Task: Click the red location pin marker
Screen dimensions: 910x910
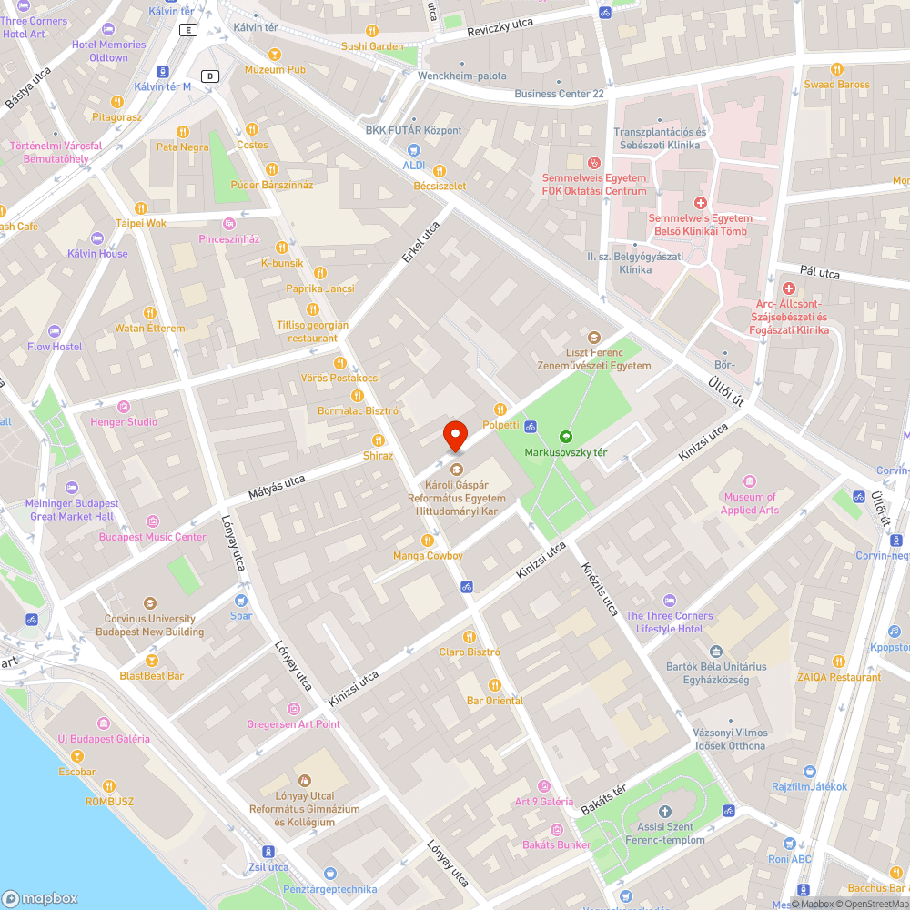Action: pyautogui.click(x=455, y=434)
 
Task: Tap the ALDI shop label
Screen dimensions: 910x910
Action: pyautogui.click(x=414, y=165)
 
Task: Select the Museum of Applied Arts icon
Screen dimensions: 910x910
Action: pyautogui.click(x=750, y=480)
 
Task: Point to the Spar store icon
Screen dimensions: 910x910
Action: pyautogui.click(x=240, y=601)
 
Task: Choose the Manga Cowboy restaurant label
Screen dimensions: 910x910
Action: pyautogui.click(x=428, y=556)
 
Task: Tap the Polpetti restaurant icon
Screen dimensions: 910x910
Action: pyautogui.click(x=500, y=409)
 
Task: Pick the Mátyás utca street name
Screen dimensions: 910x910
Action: pyautogui.click(x=277, y=485)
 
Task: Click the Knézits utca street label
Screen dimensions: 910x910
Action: pyautogui.click(x=601, y=588)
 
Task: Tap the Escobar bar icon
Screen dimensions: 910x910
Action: pyautogui.click(x=77, y=757)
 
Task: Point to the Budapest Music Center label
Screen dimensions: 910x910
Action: pyautogui.click(x=152, y=537)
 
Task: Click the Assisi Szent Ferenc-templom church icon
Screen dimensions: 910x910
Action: pyautogui.click(x=664, y=811)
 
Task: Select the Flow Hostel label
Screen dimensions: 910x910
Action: pyautogui.click(x=55, y=347)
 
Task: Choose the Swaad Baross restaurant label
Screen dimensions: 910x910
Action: pyautogui.click(x=836, y=85)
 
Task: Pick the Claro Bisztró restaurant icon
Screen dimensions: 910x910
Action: pyautogui.click(x=470, y=637)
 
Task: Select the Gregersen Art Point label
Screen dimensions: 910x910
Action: pyautogui.click(x=293, y=724)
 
